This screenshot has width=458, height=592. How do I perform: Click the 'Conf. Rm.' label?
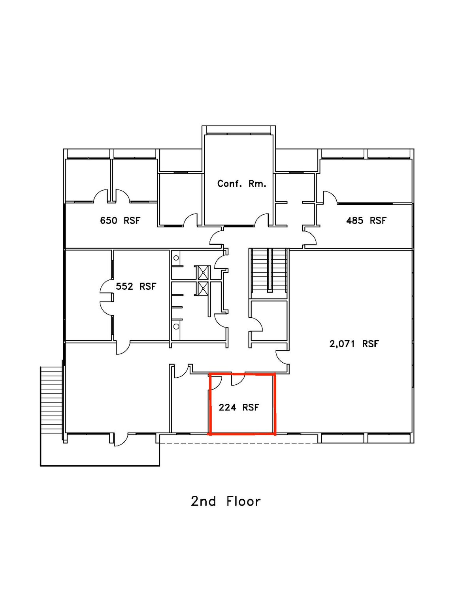pos(241,184)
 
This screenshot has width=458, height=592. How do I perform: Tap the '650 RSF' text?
pos(120,220)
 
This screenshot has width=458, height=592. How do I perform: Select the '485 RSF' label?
pos(366,220)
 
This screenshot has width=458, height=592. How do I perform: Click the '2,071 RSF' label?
pos(354,344)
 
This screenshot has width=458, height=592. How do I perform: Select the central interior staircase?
pos(269,270)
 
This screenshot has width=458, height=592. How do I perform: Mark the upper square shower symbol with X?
pos(203,272)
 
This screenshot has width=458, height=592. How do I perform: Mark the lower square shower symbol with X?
pos(203,289)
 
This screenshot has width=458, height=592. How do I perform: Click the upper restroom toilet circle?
pos(176,257)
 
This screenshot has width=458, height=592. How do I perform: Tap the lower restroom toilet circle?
pos(176,326)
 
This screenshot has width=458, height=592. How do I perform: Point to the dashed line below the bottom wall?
pos(238,443)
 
